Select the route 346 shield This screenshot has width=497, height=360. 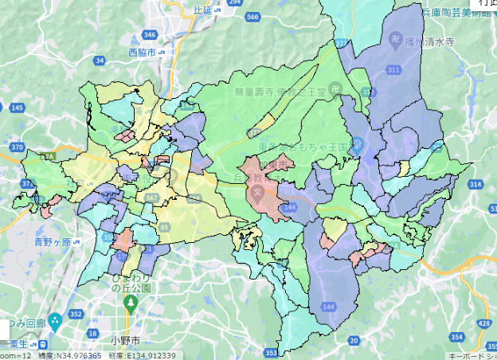(150, 35)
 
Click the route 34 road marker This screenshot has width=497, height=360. (100, 61)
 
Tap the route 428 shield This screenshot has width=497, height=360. (484, 323)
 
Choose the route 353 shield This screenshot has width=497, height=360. (271, 351)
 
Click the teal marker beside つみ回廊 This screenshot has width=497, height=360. (55, 323)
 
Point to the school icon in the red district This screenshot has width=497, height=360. (257, 193)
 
